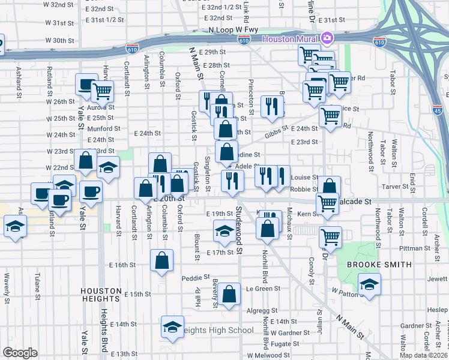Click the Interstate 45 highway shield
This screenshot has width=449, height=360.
point(438,110)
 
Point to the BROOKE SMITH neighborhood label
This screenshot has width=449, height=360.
point(379,265)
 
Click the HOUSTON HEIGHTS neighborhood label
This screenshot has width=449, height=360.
point(101,295)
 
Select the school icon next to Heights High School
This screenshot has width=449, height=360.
point(172,327)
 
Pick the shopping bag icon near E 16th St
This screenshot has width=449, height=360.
point(161,260)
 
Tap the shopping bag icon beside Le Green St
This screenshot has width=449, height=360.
point(229,295)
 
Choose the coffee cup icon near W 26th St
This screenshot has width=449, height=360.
point(86,85)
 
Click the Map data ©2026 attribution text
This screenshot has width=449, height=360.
point(423,355)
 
